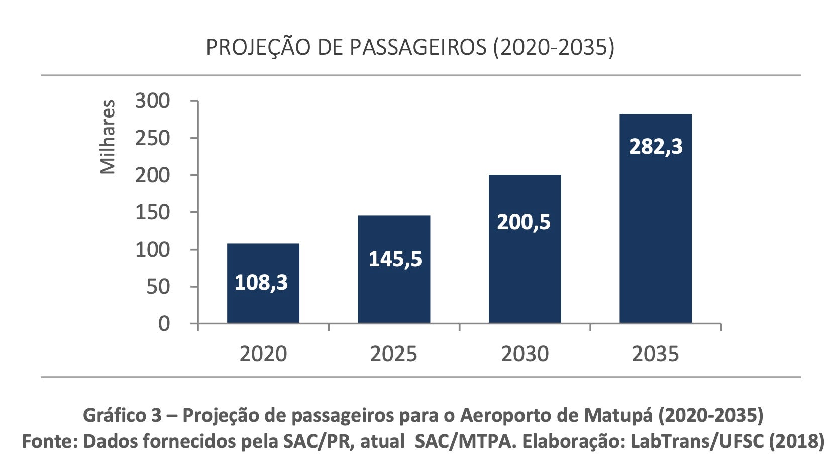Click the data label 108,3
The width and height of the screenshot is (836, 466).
point(261,283)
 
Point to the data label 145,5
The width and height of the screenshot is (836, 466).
point(395,259)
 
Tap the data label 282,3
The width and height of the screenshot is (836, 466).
point(656,147)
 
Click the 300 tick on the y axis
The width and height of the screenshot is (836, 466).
point(152,101)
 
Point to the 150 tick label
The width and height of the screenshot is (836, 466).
point(152,213)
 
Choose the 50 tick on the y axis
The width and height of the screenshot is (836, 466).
point(158,287)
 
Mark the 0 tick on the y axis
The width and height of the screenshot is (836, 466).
point(164,324)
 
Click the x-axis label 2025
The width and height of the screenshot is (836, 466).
point(393,354)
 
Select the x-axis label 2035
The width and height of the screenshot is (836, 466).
point(655,354)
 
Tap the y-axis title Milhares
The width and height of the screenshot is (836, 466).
point(108,137)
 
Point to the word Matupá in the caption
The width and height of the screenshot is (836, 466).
point(619,415)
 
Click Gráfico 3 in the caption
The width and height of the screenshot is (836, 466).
point(122,415)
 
